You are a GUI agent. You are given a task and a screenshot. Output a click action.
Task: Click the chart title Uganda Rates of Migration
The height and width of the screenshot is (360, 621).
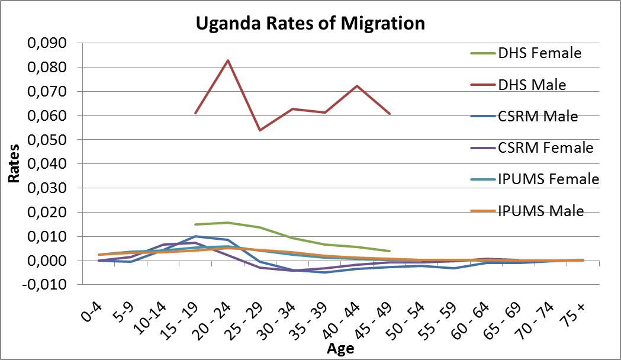(x=310, y=24)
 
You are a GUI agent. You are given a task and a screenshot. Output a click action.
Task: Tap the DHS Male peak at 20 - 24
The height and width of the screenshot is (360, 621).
(x=228, y=60)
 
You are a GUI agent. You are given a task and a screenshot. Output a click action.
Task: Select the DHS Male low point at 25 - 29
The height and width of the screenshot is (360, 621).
(x=260, y=130)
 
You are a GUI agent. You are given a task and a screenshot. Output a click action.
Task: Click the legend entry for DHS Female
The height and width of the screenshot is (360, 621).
(x=539, y=53)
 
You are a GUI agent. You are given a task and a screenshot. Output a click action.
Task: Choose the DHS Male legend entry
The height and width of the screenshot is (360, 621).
(x=532, y=85)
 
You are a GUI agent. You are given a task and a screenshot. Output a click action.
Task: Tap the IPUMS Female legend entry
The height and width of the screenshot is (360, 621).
(x=548, y=179)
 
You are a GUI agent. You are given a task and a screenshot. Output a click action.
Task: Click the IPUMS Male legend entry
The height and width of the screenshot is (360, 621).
(x=540, y=211)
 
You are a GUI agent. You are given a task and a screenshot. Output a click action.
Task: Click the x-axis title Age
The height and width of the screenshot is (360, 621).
(x=340, y=349)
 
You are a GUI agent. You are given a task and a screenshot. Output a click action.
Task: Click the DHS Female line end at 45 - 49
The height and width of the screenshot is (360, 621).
(x=389, y=251)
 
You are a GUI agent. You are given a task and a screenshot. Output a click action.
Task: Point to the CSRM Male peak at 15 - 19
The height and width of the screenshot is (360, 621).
(x=195, y=236)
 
